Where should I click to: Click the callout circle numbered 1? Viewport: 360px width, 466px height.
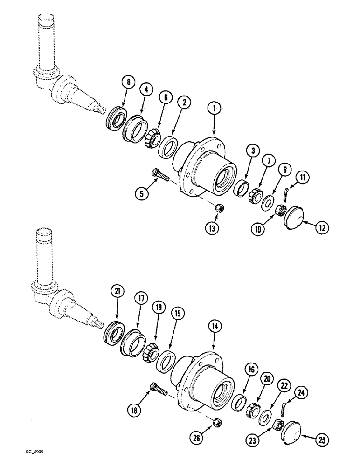click(214, 110)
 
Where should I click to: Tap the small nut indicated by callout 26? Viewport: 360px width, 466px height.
click(216, 422)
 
